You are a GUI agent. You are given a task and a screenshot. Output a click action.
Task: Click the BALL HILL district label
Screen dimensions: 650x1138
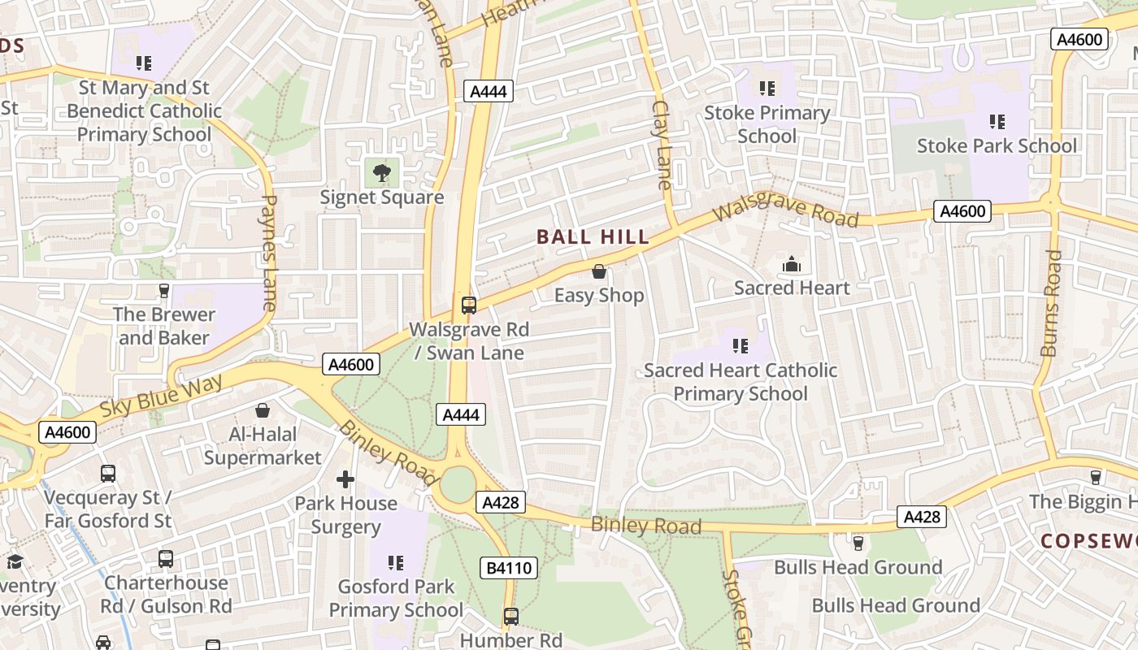(593, 237)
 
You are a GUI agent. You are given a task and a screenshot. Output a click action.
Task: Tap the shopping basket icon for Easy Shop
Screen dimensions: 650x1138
(599, 271)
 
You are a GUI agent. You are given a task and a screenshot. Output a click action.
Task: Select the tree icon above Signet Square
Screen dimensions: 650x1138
(381, 172)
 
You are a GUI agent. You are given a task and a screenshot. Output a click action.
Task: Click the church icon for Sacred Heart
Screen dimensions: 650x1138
(791, 264)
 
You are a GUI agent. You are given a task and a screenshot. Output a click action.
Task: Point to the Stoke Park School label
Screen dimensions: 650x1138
(997, 146)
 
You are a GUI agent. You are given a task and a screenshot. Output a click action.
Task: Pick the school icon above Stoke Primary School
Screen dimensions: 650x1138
(767, 88)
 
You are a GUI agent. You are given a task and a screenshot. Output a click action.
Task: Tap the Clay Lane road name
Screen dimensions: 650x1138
(662, 145)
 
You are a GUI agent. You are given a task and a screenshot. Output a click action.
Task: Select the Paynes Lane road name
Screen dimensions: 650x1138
(269, 253)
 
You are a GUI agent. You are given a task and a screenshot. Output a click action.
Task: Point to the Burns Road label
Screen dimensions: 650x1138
(1050, 303)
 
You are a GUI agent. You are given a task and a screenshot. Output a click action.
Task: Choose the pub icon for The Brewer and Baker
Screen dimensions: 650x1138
(164, 290)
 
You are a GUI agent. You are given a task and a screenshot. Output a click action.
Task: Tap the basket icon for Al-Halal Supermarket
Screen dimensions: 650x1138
(263, 410)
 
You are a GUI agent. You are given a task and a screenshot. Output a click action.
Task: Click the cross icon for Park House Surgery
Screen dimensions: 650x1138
(345, 479)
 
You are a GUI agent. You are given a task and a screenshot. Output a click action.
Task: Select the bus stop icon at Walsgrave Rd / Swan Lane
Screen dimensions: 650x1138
(469, 305)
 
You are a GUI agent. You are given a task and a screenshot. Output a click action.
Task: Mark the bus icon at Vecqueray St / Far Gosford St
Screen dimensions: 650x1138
(107, 473)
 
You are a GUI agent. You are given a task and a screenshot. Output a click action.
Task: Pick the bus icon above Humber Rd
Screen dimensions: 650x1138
(510, 616)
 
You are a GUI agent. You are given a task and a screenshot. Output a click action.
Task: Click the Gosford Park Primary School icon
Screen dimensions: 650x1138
(396, 562)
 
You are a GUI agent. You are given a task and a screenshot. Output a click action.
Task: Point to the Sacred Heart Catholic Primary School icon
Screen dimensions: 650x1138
(740, 346)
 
